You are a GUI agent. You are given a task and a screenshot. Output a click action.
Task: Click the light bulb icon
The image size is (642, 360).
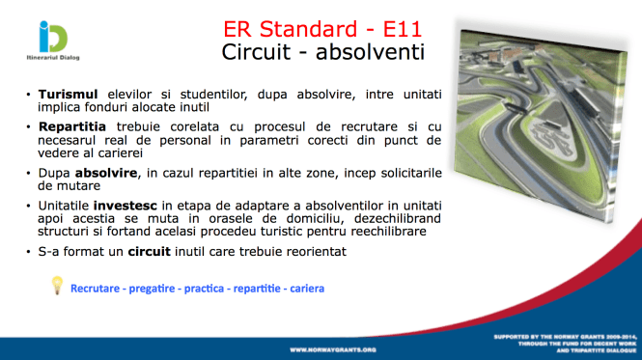pos(57,285)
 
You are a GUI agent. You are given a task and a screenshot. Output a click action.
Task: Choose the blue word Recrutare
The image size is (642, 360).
pos(97,288)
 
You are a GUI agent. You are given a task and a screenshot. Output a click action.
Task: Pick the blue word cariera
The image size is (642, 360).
pos(303,288)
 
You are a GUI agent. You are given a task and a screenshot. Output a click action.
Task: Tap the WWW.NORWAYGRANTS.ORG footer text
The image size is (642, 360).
pos(333,348)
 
